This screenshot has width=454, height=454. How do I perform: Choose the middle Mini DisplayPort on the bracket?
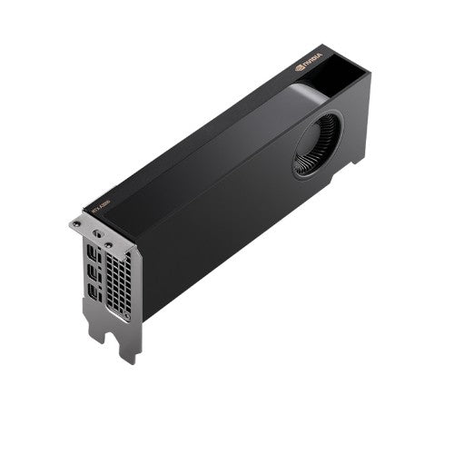(x=94, y=270)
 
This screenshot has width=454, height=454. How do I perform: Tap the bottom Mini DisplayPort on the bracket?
(x=94, y=290)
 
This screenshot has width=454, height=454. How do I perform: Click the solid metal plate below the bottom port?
(x=98, y=313)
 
